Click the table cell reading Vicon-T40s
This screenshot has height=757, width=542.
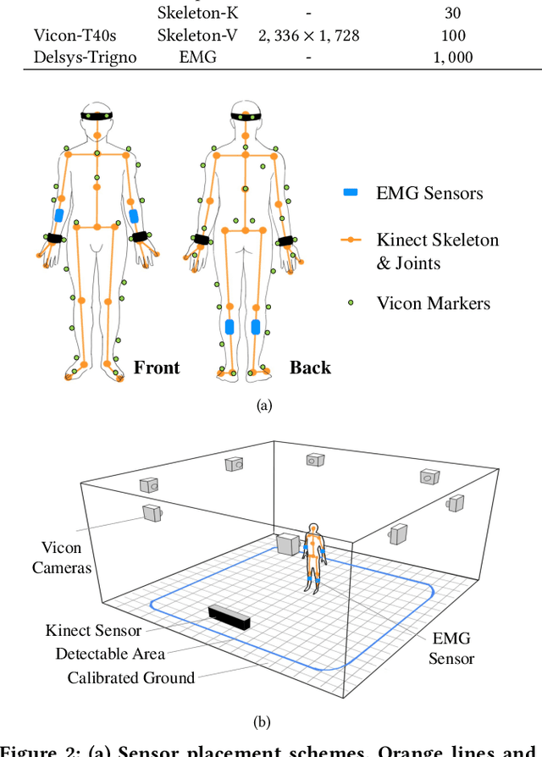tap(76, 36)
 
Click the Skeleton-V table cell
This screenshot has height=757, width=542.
tap(196, 36)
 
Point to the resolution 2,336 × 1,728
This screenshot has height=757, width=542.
tap(307, 36)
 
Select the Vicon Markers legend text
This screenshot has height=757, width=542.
tap(433, 303)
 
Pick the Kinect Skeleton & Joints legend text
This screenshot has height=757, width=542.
tap(437, 251)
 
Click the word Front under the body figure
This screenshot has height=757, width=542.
tap(157, 367)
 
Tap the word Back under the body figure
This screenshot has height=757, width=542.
tap(310, 367)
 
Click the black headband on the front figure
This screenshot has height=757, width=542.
tap(97, 116)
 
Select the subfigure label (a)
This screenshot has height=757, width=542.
tap(264, 406)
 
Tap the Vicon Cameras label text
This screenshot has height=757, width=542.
tap(61, 557)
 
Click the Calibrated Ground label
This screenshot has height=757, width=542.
tap(131, 677)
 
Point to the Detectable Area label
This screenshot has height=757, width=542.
tap(110, 654)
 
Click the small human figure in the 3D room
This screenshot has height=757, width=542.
tap(312, 558)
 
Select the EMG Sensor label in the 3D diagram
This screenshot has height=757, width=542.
tap(451, 649)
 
